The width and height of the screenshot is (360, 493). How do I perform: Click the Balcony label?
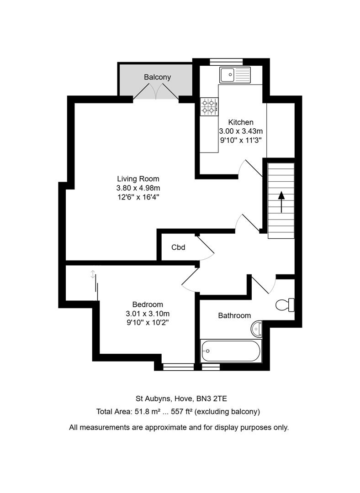157,77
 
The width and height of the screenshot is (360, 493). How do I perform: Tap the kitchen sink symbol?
235,75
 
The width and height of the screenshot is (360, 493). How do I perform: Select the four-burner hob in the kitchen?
208,106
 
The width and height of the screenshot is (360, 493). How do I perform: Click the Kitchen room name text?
241,122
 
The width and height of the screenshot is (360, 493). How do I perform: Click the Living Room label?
138,179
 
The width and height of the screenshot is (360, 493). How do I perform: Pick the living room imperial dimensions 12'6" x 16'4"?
138,197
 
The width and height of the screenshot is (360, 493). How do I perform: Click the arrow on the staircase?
281,201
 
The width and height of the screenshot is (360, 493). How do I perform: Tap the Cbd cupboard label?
178,247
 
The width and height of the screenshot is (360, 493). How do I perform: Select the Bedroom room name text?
148,304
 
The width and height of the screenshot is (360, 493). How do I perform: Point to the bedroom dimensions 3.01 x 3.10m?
148,314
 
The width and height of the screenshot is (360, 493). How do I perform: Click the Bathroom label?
234,315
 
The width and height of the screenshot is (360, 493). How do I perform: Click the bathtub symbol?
231,351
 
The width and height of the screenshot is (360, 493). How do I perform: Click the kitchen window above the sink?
226,62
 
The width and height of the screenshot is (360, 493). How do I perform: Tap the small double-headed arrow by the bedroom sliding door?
93,274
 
